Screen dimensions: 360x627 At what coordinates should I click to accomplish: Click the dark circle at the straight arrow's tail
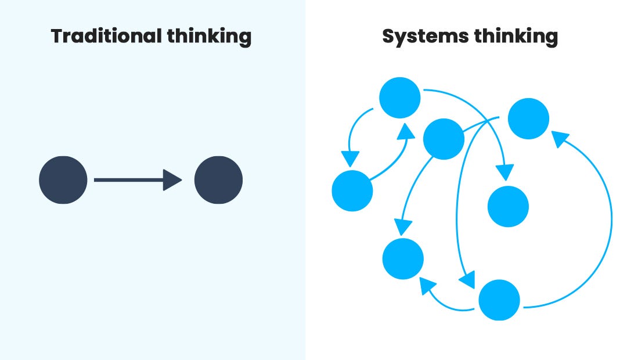[63, 180]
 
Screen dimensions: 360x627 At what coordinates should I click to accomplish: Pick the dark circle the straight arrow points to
[218, 180]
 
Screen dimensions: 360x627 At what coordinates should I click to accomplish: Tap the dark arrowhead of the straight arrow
[172, 180]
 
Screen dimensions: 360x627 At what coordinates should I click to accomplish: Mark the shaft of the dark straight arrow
[128, 180]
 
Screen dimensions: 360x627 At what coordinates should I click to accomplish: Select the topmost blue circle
[400, 98]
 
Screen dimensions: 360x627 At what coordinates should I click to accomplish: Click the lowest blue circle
[499, 300]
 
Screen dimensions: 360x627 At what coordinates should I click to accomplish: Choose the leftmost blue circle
[352, 191]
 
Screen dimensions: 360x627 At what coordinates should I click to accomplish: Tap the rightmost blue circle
[528, 119]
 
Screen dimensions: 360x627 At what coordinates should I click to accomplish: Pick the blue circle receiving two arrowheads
[403, 258]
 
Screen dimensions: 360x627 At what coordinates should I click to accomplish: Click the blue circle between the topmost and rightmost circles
[444, 139]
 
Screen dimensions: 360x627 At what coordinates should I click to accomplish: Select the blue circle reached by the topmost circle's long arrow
[508, 206]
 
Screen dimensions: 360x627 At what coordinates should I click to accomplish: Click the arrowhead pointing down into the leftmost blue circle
[350, 159]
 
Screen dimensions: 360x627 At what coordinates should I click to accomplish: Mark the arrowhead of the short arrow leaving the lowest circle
[428, 285]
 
